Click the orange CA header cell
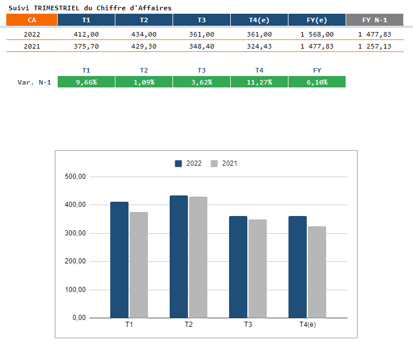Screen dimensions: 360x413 [31, 20]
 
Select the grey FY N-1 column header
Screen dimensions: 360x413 [375, 20]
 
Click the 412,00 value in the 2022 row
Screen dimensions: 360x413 [86, 34]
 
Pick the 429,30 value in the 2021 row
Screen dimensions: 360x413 [144, 46]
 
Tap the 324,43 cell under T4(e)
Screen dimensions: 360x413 [259, 46]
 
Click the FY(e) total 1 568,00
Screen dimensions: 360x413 [317, 34]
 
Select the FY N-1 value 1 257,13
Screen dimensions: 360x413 [375, 46]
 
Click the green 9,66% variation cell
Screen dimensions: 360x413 [86, 82]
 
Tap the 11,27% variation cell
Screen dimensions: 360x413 [259, 82]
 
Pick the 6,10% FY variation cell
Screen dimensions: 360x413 [317, 82]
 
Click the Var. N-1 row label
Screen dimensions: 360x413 [34, 82]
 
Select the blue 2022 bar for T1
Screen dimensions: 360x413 [119, 259]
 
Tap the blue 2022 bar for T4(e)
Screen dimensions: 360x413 [298, 267]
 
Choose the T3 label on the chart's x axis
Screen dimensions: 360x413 [248, 325]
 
